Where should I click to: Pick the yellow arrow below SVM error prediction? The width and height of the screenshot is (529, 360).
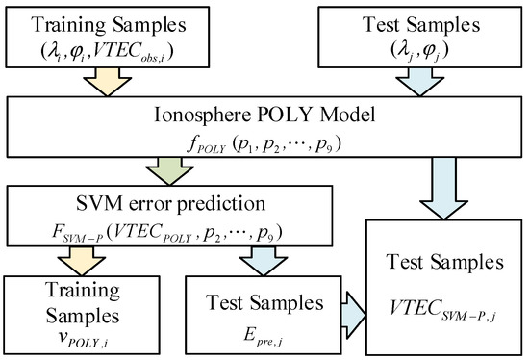pyautogui.click(x=68, y=260)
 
